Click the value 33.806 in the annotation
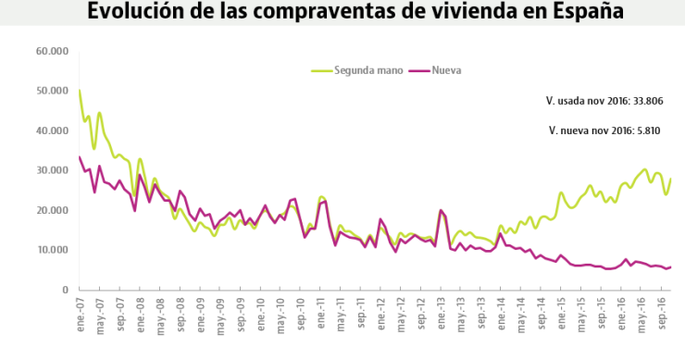click(643, 100)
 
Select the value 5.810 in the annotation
click(646, 130)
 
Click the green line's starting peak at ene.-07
click(80, 91)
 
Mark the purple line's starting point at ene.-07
click(80, 156)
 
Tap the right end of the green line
click(671, 179)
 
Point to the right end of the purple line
click(671, 267)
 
